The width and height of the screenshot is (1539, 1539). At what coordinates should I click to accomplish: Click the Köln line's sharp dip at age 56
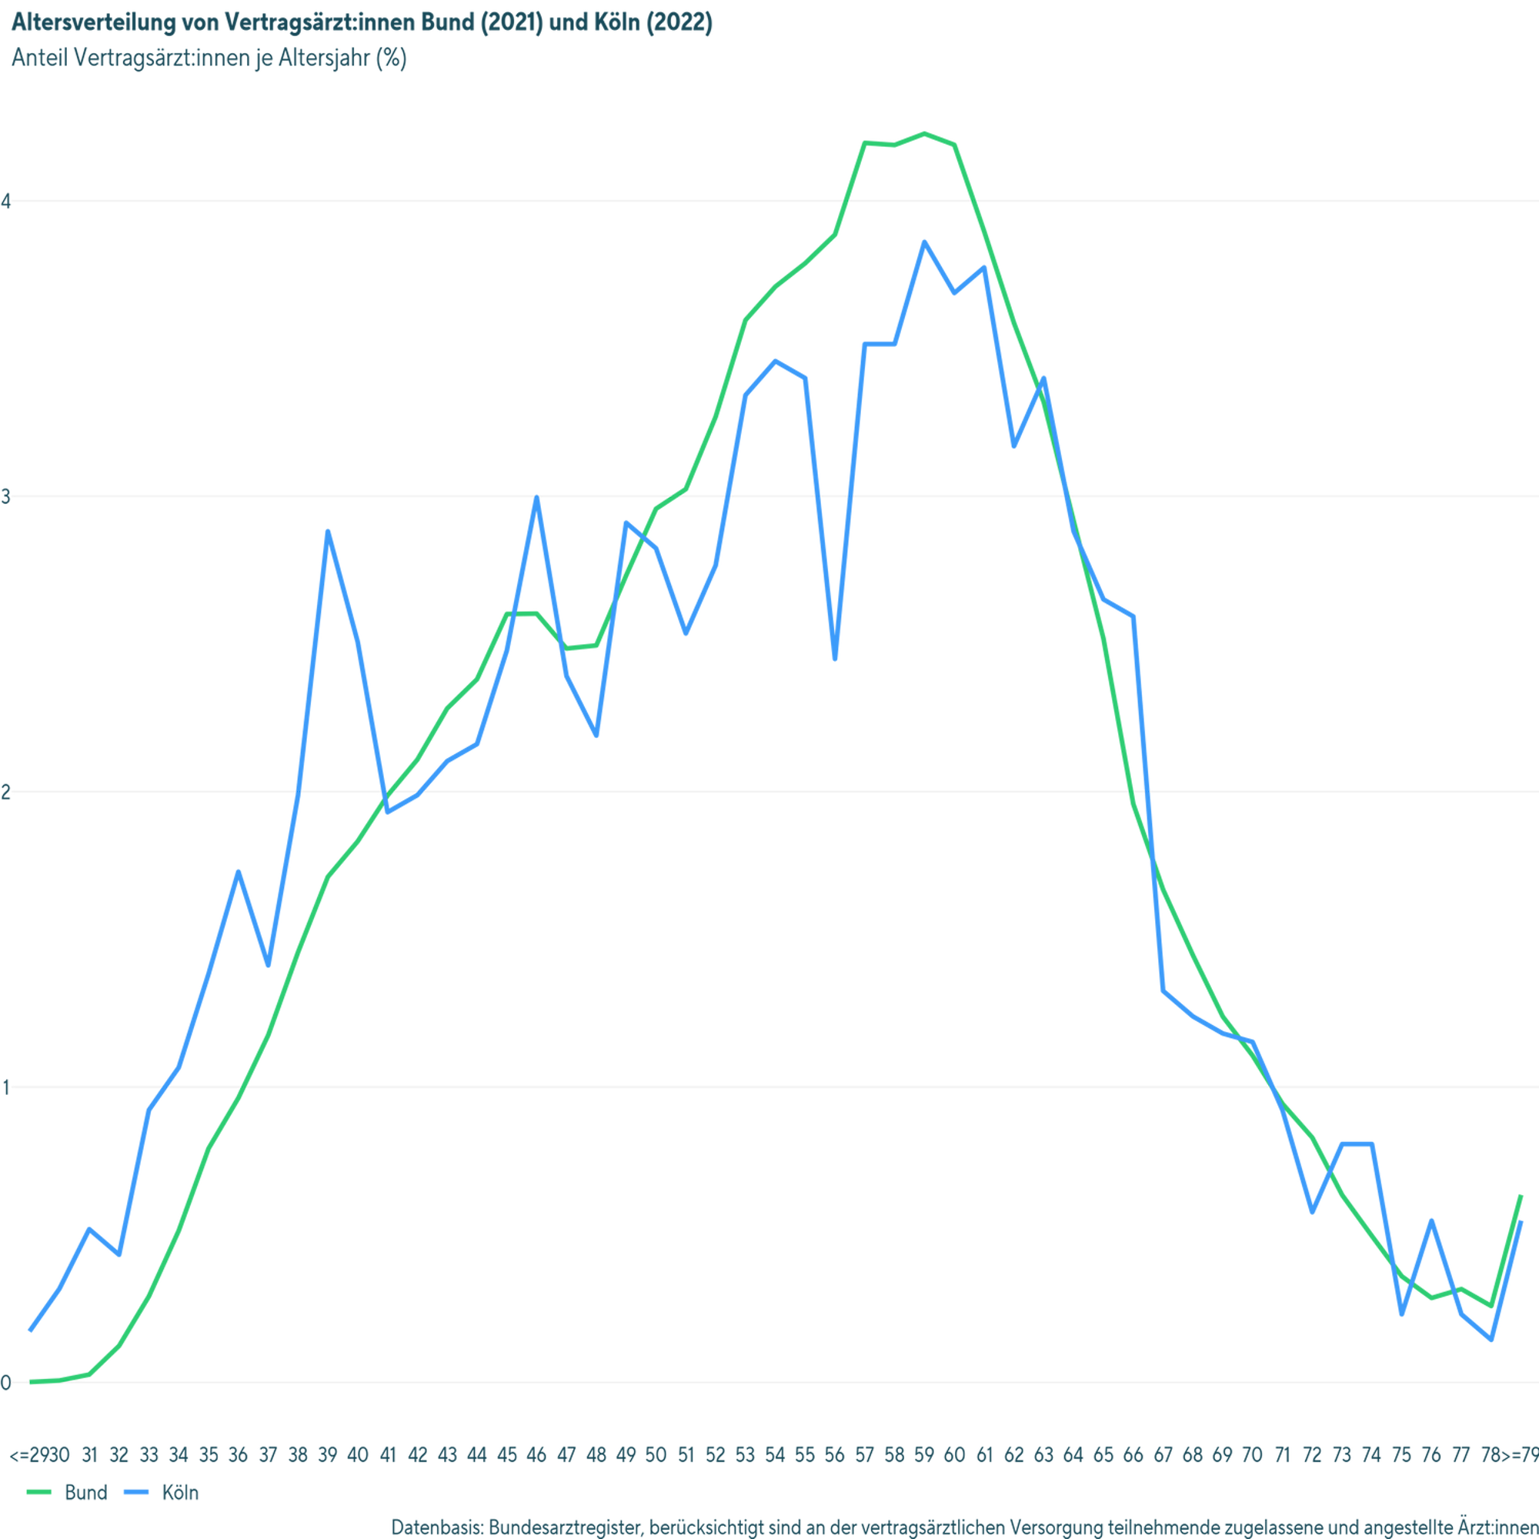834,659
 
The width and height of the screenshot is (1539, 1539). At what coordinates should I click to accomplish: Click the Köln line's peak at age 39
327,531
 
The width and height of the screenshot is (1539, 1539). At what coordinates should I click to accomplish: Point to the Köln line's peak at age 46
537,499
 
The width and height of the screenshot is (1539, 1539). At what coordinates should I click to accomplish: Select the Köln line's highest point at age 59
924,242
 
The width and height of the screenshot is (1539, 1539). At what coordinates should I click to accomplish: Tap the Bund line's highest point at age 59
924,133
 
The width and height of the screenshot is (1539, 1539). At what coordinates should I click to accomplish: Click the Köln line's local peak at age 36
237,870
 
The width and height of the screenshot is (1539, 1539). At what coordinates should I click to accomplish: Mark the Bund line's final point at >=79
1522,1195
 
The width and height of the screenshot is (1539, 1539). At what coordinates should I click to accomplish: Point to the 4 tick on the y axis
6,202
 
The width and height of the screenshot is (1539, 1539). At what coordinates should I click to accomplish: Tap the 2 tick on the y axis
6,792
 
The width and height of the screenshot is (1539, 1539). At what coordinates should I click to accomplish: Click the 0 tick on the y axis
6,1383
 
